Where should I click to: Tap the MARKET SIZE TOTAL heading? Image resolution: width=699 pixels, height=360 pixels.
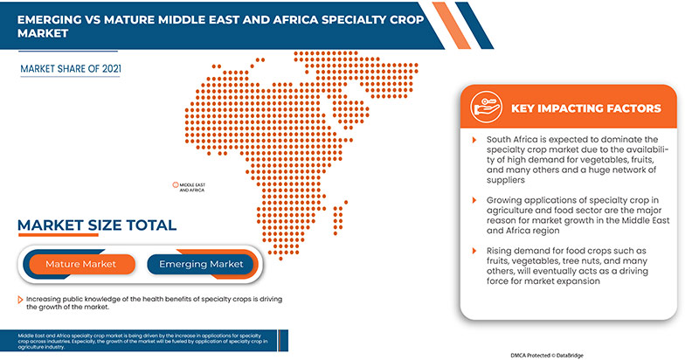97,225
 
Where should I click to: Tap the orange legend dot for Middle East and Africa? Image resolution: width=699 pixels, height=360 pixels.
174,185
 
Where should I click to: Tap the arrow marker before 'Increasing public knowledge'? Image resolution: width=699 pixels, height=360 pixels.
19,299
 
